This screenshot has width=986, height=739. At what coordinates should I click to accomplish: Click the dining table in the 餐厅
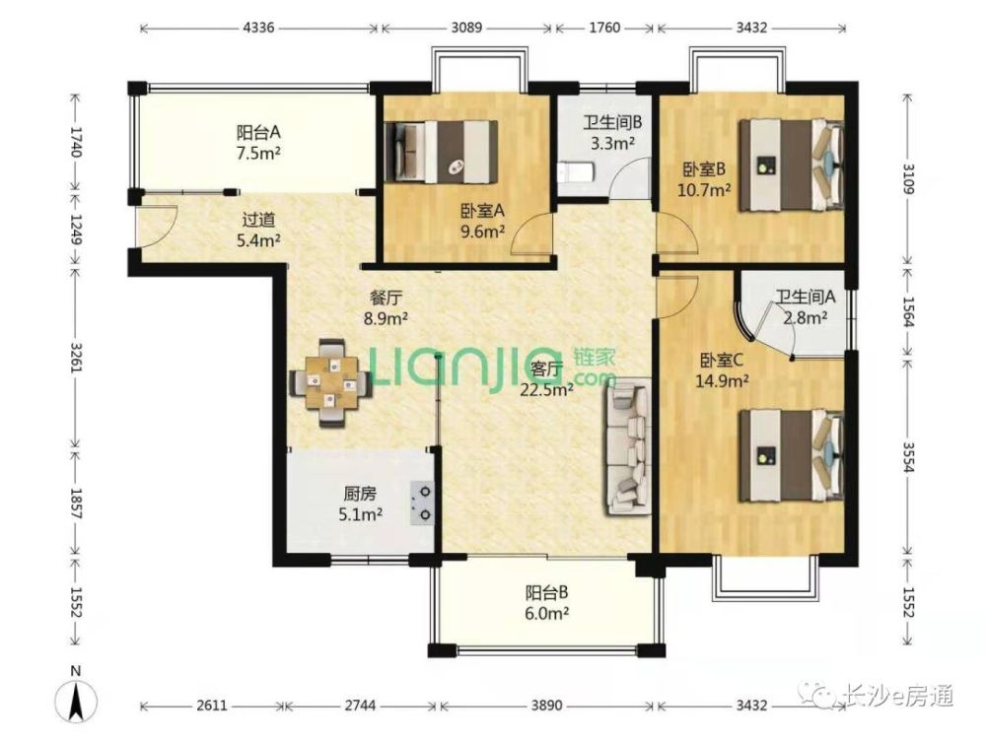330,382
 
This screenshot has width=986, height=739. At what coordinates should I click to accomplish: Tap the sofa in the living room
627,446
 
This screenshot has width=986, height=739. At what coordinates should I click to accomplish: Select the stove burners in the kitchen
423,503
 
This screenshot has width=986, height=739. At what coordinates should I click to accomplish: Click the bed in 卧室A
441,151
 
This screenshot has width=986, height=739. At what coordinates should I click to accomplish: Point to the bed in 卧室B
791,166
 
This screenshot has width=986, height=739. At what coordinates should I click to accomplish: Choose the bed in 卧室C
791,455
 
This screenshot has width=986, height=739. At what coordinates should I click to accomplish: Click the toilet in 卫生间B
576,172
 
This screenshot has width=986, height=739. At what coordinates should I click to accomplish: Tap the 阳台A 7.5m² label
257,143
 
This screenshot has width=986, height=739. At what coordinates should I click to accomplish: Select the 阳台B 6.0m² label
547,603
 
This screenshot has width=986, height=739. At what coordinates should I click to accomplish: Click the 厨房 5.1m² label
361,504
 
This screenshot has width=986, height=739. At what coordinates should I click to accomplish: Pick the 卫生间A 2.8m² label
805,306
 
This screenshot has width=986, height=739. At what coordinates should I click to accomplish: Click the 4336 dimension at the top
258,28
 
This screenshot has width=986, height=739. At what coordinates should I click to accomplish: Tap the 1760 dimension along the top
604,28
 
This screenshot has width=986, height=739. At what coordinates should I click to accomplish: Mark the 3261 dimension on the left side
76,357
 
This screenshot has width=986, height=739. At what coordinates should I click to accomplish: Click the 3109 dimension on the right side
908,178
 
